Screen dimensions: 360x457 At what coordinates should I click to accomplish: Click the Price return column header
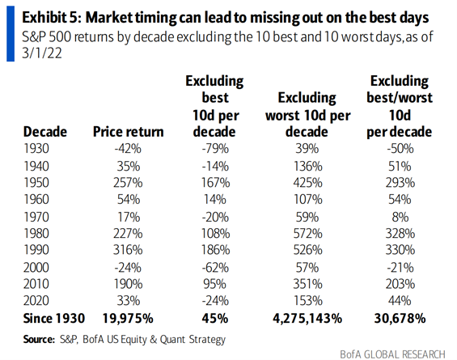pos(129,133)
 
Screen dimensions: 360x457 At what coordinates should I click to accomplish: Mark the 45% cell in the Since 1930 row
pos(216,319)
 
